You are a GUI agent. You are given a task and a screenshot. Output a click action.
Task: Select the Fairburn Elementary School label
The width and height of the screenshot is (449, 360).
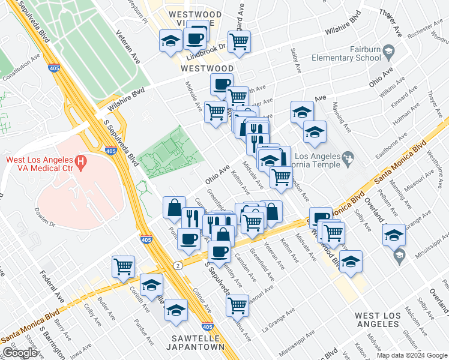tap(346, 53)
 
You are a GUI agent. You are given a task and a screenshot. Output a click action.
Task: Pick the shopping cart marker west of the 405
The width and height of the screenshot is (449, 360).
tap(123, 265)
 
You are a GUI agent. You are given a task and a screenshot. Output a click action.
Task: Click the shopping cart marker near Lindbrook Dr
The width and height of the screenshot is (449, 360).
tap(239, 41)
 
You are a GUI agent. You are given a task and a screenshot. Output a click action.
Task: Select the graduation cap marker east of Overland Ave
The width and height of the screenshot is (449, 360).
tap(394, 235)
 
